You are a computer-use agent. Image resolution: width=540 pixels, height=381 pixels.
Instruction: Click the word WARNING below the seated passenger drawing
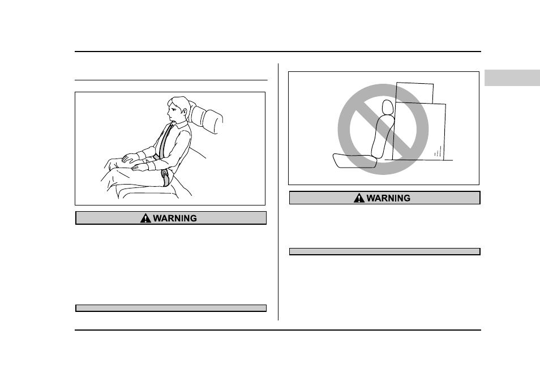[175, 219]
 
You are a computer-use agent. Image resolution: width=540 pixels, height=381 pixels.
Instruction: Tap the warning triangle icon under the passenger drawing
[145, 218]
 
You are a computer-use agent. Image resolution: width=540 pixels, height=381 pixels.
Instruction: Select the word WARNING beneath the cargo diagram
[388, 198]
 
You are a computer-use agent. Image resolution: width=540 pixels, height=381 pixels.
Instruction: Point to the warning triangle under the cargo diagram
[359, 198]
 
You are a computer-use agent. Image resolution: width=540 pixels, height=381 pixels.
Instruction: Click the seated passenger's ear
[184, 112]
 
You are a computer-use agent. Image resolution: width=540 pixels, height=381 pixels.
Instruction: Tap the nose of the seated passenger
[169, 112]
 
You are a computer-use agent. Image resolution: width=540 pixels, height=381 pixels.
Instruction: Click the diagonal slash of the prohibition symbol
[383, 129]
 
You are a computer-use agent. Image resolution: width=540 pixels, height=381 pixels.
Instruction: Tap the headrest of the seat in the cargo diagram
[388, 107]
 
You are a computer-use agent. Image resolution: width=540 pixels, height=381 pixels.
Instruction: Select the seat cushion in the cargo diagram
[354, 161]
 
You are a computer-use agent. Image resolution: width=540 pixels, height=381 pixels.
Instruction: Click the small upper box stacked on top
[415, 93]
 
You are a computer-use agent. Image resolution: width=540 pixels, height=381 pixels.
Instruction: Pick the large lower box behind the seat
[419, 131]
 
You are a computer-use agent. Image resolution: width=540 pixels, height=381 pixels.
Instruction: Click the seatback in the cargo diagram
[382, 136]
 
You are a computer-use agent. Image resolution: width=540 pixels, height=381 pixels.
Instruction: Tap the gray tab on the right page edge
[512, 78]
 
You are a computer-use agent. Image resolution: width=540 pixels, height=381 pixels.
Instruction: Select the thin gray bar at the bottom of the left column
[171, 309]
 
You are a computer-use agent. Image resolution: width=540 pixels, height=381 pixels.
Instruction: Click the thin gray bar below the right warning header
[385, 251]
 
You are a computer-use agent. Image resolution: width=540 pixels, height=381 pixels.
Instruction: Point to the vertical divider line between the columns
[278, 192]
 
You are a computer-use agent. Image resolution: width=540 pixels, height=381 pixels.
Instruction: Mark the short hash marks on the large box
[438, 152]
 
